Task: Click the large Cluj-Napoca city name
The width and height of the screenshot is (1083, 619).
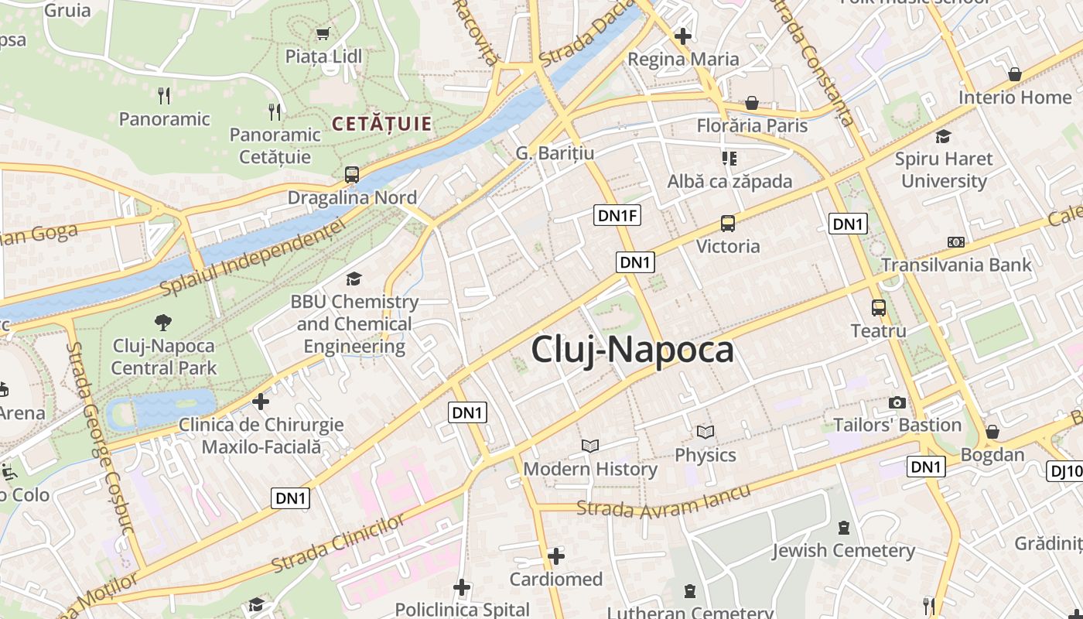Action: click(632, 350)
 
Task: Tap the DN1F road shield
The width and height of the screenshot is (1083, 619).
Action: click(617, 215)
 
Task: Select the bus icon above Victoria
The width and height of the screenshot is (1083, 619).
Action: click(728, 224)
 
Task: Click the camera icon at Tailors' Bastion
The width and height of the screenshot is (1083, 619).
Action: click(897, 402)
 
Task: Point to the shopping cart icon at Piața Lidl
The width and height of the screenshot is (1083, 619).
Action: click(323, 33)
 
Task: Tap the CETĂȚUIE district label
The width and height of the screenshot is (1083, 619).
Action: click(381, 124)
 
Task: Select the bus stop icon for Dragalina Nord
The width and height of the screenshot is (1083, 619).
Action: click(351, 175)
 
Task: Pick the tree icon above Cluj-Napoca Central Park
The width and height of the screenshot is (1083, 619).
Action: click(163, 322)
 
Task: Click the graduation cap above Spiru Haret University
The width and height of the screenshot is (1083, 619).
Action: click(943, 137)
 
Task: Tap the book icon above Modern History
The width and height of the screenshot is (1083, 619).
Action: click(590, 446)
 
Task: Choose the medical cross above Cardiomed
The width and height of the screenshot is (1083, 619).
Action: click(555, 556)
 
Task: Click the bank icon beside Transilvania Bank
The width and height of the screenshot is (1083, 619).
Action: click(956, 242)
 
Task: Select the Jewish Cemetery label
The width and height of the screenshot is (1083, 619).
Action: click(843, 551)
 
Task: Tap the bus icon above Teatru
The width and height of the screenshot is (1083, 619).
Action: click(879, 308)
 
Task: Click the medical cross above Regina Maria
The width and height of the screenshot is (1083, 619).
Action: click(682, 36)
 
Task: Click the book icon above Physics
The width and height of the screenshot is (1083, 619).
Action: click(705, 432)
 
